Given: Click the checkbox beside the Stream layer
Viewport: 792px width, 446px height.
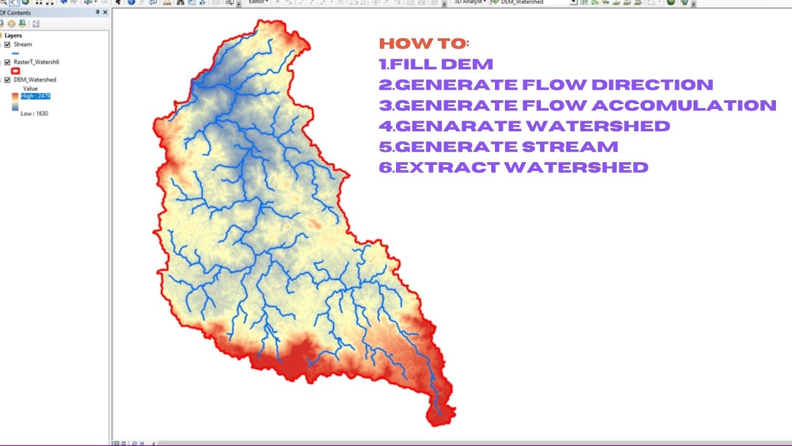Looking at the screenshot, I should pos(7,45).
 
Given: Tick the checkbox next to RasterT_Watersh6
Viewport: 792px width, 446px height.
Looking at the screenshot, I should pos(7,62).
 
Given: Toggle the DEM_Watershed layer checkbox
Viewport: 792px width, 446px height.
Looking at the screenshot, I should pos(7,80).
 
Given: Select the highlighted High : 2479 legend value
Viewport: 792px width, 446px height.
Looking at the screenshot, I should pos(35,96).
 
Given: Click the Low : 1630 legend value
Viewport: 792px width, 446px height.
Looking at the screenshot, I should pos(34,113).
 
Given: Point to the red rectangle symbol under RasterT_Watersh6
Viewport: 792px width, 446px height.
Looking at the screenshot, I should pos(15,71).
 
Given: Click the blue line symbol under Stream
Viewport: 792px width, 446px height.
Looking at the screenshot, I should pos(15,53).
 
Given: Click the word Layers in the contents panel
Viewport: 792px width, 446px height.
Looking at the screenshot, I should pos(13,36).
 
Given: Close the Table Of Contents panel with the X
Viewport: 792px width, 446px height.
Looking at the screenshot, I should pos(105,12).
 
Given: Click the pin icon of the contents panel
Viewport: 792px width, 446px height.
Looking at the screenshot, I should pos(97,12).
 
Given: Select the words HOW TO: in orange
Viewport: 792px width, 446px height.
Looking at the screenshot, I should pos(424,43).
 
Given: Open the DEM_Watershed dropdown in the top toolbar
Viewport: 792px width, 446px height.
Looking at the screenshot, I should pos(574,2).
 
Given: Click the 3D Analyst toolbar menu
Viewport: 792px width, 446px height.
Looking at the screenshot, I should pos(468,2).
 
